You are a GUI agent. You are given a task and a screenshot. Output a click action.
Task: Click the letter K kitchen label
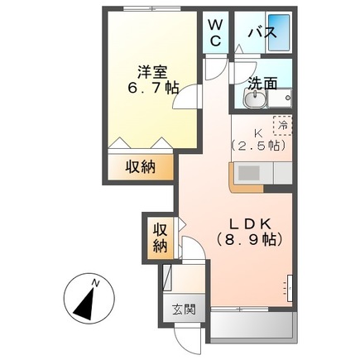click(258, 129)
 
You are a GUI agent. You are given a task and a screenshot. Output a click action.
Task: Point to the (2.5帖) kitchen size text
click(258, 146)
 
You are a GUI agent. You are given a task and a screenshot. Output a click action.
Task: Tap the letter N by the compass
click(97, 283)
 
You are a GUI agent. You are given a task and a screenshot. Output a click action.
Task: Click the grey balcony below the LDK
click(252, 328)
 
